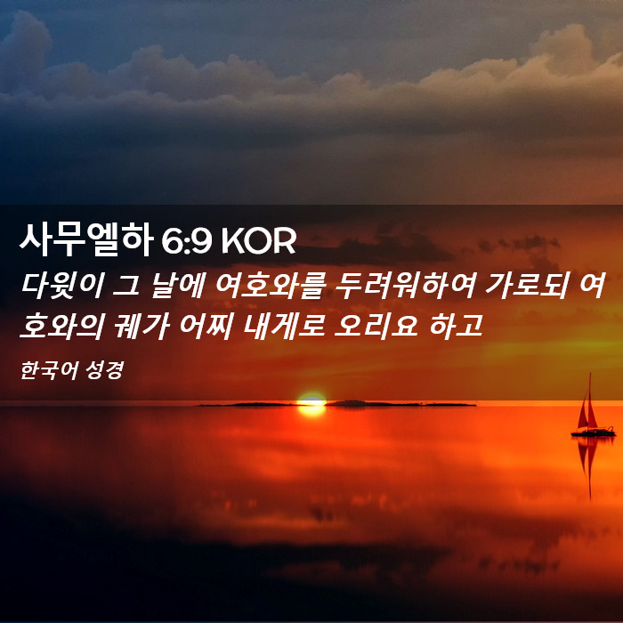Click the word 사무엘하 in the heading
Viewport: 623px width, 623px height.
[86, 239]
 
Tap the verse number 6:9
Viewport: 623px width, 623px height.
[186, 241]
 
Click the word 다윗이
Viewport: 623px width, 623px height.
[62, 286]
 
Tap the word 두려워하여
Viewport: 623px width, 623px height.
[405, 286]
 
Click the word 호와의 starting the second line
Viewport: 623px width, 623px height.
[62, 327]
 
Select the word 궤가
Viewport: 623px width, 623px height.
[142, 327]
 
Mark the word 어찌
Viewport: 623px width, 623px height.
[206, 327]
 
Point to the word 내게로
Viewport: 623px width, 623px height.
[283, 327]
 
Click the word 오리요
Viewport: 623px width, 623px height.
[376, 327]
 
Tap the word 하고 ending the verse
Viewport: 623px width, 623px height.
[456, 327]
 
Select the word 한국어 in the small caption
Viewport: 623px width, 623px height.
[48, 370]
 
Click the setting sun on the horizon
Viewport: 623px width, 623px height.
[311, 404]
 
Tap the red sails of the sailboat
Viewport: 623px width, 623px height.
[588, 409]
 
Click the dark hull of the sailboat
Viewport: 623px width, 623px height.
[594, 432]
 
